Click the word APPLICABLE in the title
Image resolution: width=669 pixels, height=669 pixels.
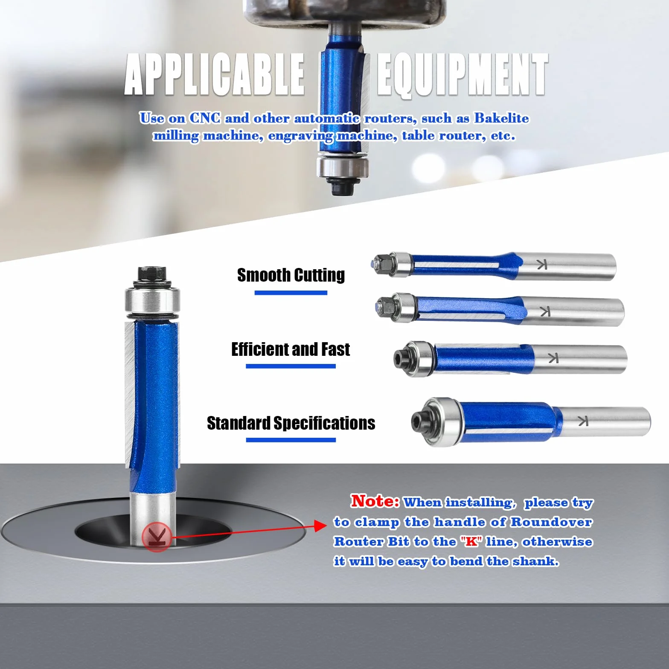(215, 75)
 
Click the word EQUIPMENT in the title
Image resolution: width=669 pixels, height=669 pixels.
(462, 75)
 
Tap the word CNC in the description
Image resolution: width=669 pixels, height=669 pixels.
(205, 118)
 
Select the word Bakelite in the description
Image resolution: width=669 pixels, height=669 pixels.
(501, 118)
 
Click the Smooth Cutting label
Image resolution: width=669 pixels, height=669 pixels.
(291, 275)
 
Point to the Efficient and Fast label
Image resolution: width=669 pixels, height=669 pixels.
(291, 349)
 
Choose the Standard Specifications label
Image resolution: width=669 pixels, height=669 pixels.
(291, 423)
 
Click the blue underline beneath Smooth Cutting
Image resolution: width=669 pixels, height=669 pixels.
(291, 293)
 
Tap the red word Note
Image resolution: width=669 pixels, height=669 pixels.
(375, 501)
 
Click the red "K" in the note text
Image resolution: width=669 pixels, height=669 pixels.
(471, 541)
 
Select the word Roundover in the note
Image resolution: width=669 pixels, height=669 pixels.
(551, 522)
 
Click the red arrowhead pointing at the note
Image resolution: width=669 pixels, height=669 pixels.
(320, 526)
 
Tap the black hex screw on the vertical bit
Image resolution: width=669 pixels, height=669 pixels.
(152, 273)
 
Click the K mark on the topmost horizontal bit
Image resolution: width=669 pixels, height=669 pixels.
(541, 265)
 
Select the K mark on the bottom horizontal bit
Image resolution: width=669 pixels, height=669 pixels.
(583, 421)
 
